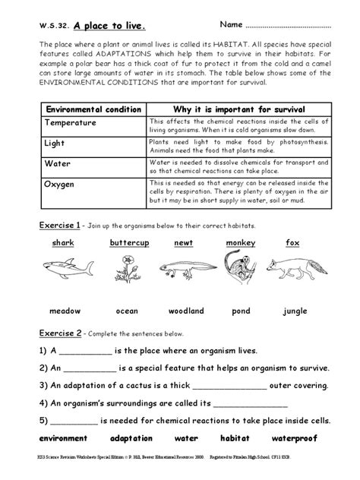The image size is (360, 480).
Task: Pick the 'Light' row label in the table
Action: pyautogui.click(x=57, y=142)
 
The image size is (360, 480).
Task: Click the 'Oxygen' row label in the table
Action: pyautogui.click(x=62, y=183)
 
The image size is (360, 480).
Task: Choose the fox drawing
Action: pyautogui.click(x=292, y=270)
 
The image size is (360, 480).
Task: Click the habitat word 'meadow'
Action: pyautogui.click(x=65, y=311)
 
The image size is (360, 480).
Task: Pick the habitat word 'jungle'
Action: pyautogui.click(x=295, y=311)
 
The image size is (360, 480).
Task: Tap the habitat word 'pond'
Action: pyautogui.click(x=242, y=311)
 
